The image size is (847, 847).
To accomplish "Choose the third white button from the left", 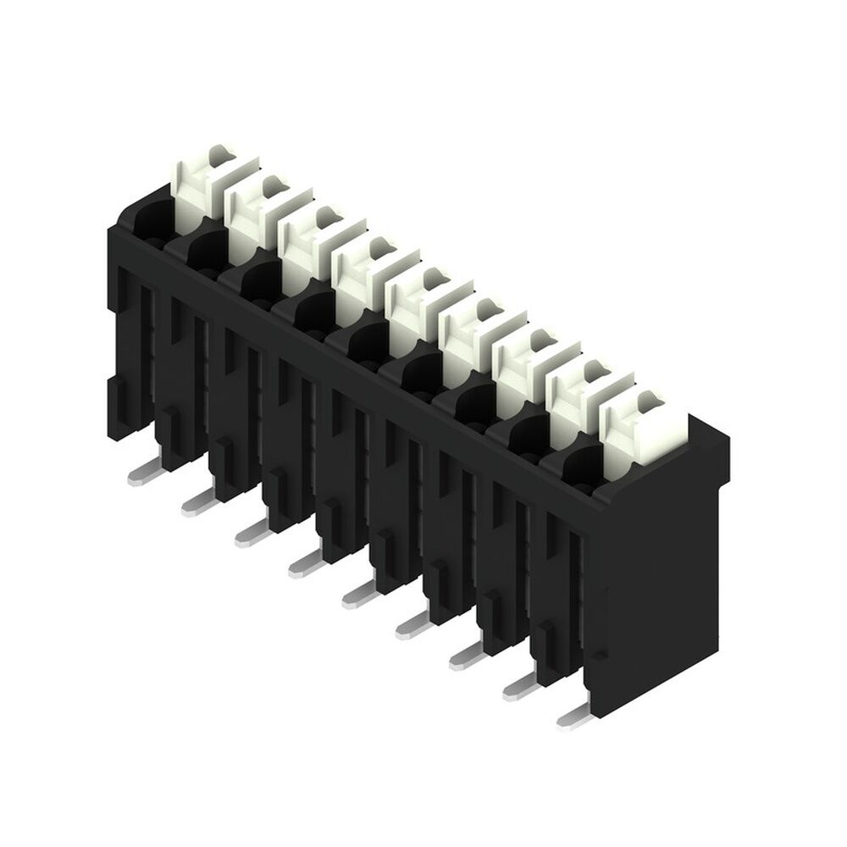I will click(x=308, y=241).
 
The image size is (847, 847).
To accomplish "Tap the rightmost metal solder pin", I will click(x=576, y=717).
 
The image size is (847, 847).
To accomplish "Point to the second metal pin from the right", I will click(x=522, y=687).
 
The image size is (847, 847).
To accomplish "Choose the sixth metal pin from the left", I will click(x=412, y=626).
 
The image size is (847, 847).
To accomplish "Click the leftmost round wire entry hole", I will click(x=151, y=218).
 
